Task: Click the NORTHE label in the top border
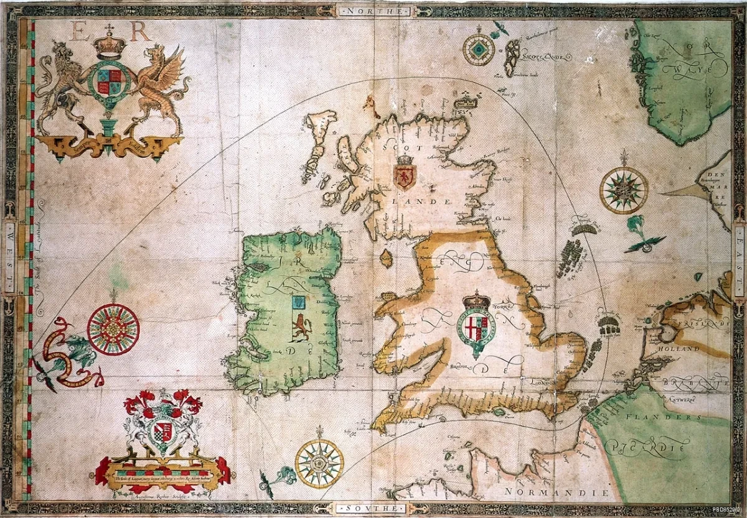coord(373,11)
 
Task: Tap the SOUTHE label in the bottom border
coord(373,508)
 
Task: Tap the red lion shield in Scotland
coord(405,174)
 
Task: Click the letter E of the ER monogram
coord(81,31)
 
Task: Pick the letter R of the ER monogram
coord(139,31)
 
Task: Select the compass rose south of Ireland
coord(319,463)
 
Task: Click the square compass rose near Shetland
coord(479,50)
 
